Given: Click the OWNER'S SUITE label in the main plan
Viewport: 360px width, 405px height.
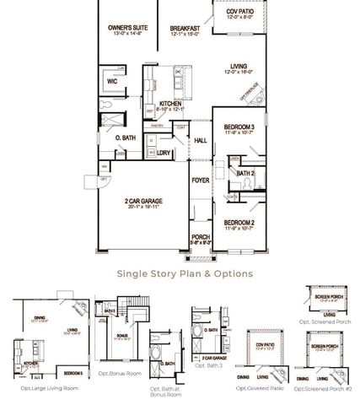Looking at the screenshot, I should coord(127,28).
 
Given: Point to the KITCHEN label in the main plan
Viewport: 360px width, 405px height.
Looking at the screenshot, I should coord(171,104).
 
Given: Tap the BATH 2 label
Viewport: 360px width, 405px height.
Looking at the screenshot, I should coord(245,172).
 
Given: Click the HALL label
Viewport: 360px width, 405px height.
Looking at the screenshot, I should coord(201,140).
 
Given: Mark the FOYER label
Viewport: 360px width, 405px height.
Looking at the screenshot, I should coord(201,180).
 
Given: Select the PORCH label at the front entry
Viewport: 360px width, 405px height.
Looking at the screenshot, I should coord(201,236).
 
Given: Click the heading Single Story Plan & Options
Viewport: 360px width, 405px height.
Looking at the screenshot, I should coord(184,273).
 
